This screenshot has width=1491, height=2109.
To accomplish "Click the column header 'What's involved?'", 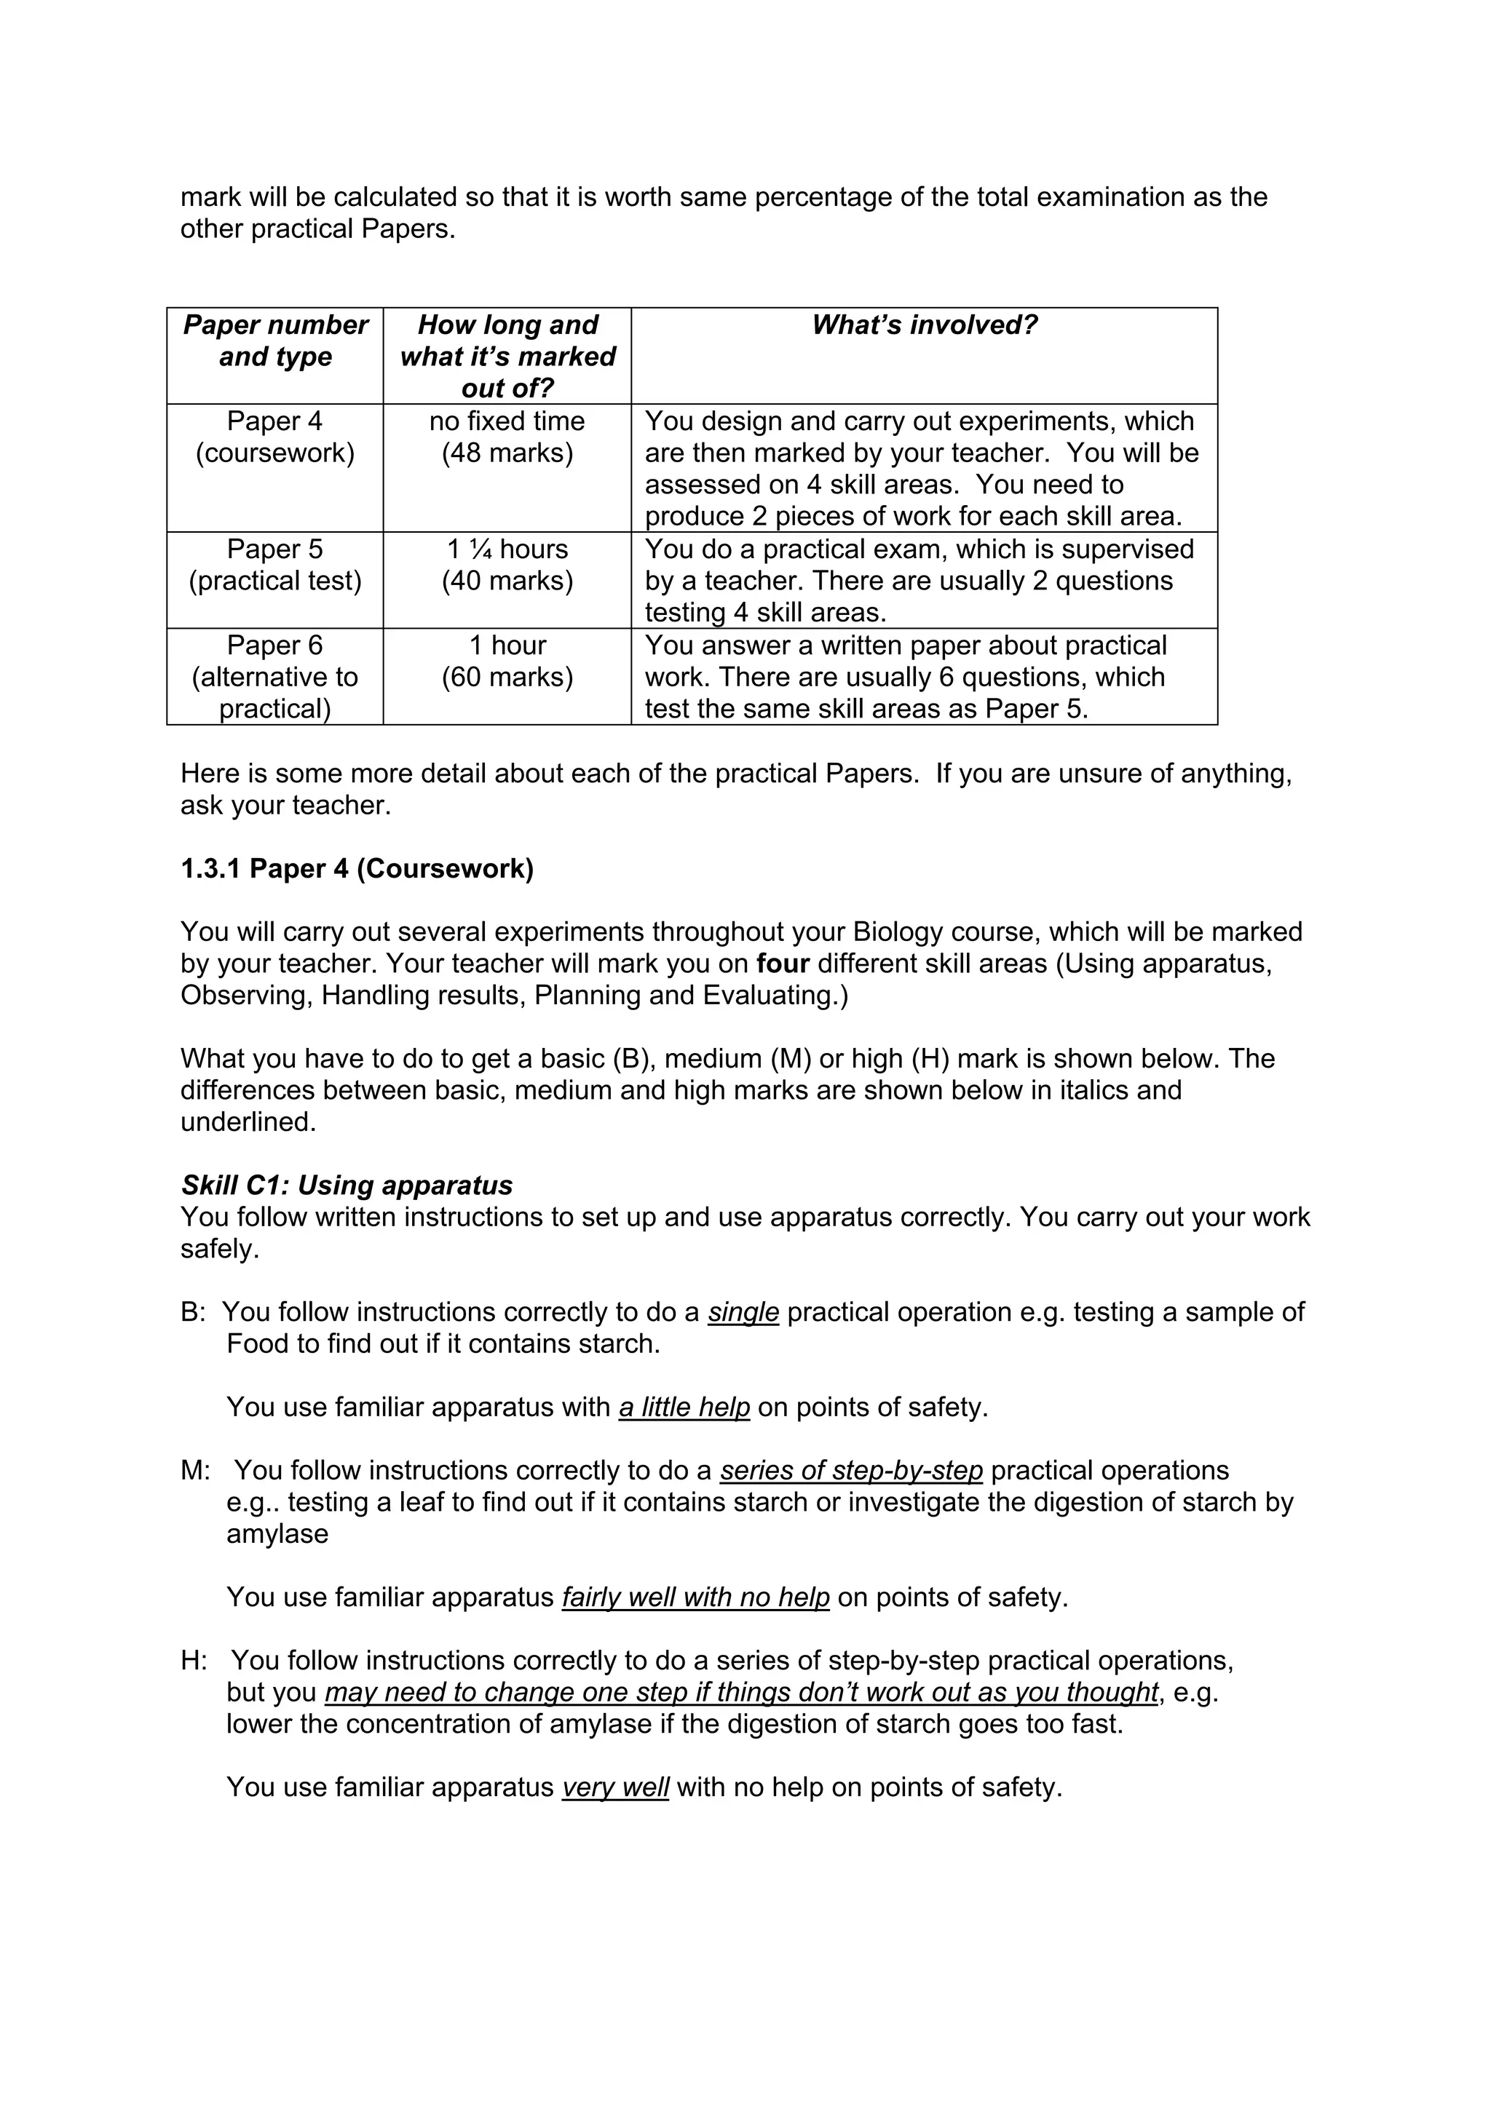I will [924, 325].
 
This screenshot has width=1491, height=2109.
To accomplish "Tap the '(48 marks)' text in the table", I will [507, 453].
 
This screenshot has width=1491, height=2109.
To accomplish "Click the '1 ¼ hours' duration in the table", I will [507, 549].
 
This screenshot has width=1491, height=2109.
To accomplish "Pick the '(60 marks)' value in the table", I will [507, 677].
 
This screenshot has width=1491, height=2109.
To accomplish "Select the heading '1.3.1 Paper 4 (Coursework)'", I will [357, 868].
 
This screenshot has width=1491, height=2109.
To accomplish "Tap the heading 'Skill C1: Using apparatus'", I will [347, 1185].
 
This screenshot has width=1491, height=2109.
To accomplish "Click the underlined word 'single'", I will [743, 1311].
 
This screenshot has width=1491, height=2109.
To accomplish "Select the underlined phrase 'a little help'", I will [684, 1407].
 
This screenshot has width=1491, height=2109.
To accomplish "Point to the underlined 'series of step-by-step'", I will [850, 1471].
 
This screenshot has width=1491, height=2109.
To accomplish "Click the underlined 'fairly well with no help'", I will [695, 1597].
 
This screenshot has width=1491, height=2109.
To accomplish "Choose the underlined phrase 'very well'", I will [614, 1787].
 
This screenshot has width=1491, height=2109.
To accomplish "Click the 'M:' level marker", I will [196, 1471].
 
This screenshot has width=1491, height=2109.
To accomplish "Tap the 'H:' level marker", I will [194, 1661].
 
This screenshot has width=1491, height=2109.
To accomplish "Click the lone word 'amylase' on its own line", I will [277, 1534].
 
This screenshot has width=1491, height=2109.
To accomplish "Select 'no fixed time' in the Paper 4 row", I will [507, 421].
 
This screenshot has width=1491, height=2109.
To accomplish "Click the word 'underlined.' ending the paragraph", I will [248, 1121].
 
